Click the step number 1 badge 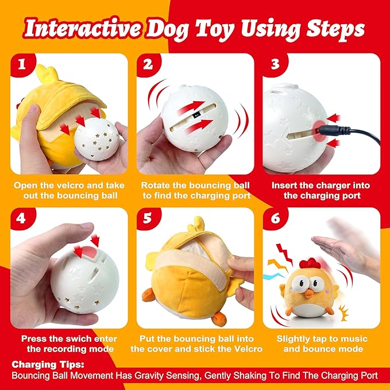pos(22,64)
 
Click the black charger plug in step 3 pos(321,131)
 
